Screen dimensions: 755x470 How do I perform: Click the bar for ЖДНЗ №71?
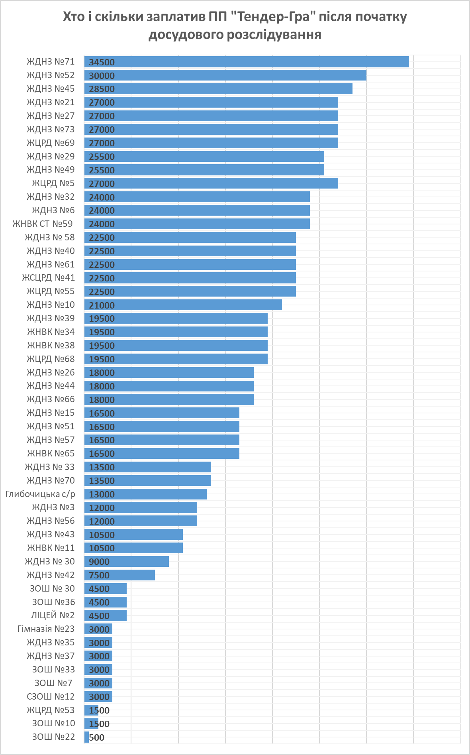pos(247,62)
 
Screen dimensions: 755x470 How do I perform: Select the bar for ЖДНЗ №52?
pos(225,75)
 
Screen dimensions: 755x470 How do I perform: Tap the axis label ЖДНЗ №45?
pos(51,89)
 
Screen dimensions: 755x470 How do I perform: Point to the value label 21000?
pos(102,305)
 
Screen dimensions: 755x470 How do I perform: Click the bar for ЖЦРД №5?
pos(211,183)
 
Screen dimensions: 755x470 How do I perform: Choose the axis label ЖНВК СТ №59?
pos(43,224)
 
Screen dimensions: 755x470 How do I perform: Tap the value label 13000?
pos(102,494)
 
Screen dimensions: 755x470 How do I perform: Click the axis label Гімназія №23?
pos(46,629)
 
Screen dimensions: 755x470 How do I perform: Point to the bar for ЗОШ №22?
pos(86,737)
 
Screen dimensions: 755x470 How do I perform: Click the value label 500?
pos(97,737)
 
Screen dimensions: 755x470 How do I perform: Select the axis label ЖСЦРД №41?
pos(48,278)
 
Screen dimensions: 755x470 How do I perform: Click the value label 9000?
pos(99,562)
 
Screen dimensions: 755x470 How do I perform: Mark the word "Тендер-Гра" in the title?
pos(270,17)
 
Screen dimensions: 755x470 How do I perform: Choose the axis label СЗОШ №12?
pos(51,696)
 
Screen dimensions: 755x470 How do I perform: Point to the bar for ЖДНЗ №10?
pos(183,305)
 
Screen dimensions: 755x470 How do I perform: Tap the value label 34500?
pos(102,62)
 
